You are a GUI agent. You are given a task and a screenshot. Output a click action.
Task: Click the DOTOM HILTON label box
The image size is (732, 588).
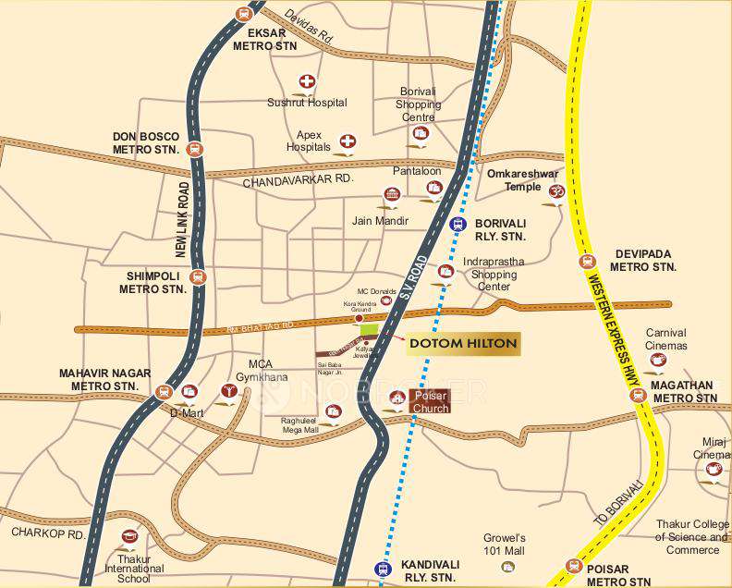point(463,344)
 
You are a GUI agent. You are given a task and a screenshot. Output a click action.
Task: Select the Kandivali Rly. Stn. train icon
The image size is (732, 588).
point(382,568)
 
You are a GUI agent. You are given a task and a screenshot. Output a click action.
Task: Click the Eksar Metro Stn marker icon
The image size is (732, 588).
point(243,14)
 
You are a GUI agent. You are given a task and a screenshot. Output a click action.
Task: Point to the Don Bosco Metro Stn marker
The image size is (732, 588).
point(195,148)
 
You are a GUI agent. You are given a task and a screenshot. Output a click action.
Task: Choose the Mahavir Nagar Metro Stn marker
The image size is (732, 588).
point(165,392)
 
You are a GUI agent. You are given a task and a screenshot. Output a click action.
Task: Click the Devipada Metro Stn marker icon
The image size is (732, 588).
point(584,261)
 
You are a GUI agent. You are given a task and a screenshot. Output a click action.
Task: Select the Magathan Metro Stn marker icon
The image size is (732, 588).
point(637,395)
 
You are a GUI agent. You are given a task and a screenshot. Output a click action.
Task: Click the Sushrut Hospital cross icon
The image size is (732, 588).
point(306,81)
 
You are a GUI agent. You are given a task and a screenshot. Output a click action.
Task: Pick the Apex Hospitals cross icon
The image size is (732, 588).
point(348,141)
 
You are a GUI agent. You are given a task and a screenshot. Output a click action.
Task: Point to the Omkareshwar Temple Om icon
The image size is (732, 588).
point(555,192)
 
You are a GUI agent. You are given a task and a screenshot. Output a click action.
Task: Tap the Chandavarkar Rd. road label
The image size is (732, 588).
point(299,181)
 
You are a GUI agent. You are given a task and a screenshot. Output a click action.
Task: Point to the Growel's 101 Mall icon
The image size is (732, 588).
point(507,565)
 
